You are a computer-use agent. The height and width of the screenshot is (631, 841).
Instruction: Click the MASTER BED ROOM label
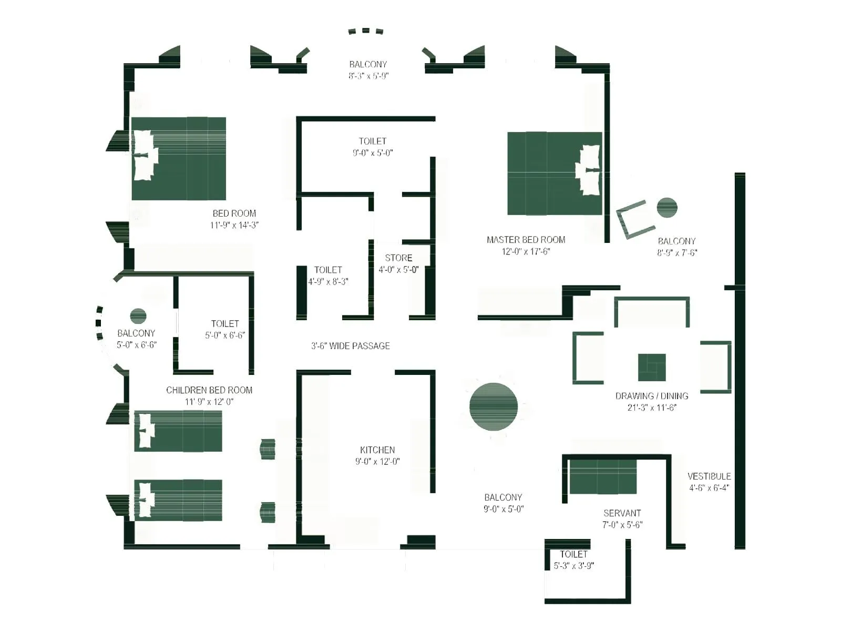click(x=526, y=240)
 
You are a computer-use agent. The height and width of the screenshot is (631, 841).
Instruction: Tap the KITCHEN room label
click(x=377, y=450)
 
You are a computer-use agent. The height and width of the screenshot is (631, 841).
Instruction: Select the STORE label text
click(x=398, y=258)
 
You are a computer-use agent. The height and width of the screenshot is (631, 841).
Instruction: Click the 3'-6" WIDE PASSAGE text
click(x=351, y=346)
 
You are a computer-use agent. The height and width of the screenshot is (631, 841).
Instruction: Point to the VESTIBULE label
click(x=709, y=476)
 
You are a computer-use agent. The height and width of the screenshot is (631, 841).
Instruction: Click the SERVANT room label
click(x=622, y=513)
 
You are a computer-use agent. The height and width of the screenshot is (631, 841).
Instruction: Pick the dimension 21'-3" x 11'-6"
click(x=651, y=408)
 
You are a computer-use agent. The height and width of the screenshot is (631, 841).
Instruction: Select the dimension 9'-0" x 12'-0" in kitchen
click(x=377, y=462)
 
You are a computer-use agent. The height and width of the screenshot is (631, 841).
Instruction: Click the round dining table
click(x=493, y=406)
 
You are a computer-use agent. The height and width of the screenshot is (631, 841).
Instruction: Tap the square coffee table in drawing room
click(x=651, y=367)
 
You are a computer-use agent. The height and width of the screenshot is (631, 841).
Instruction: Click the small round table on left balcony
click(x=138, y=316)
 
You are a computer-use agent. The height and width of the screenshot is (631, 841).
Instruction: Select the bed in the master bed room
click(x=554, y=174)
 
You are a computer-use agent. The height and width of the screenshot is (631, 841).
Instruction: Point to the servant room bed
click(x=602, y=477)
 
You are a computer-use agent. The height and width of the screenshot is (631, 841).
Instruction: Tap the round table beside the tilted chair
click(x=666, y=207)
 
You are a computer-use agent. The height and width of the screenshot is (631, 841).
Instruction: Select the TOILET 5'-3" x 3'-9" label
click(x=573, y=559)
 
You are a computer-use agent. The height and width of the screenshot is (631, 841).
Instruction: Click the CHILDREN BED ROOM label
click(x=209, y=390)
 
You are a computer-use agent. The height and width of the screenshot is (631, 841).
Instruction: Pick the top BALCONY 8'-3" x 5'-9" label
click(x=368, y=69)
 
